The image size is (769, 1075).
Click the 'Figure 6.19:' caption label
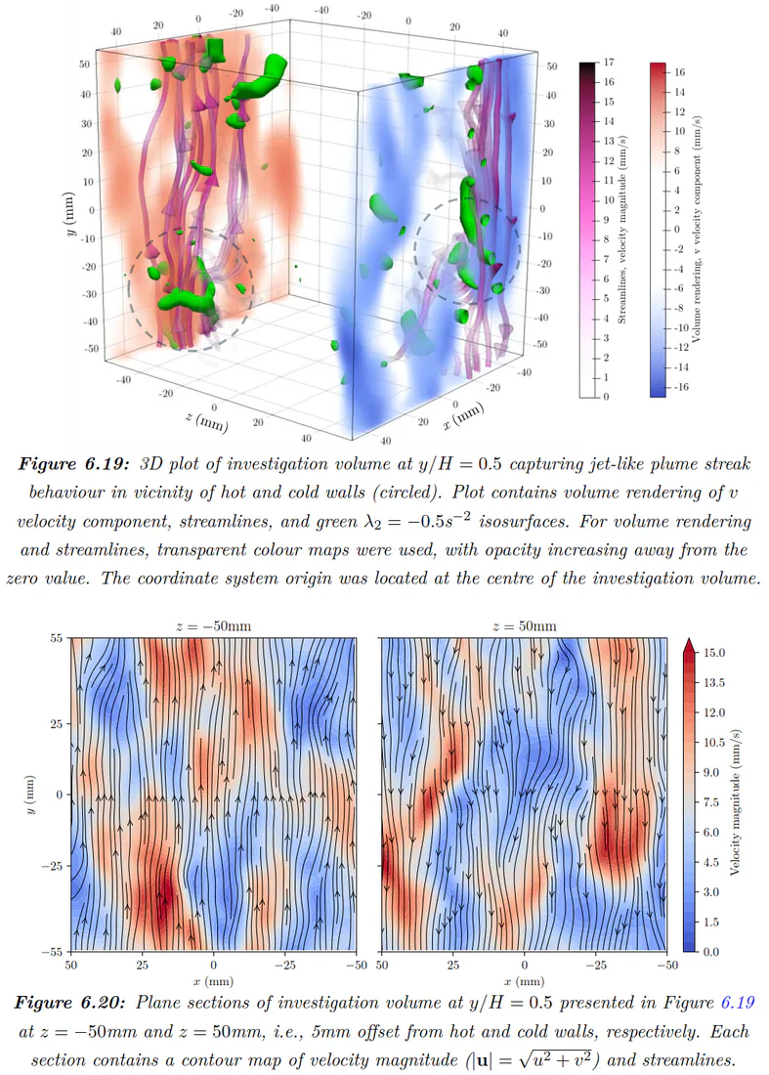73,464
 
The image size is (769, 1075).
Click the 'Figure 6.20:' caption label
70,1003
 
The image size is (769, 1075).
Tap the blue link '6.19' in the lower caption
738,1003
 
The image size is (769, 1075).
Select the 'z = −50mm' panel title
214,625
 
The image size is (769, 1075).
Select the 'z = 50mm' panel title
525,625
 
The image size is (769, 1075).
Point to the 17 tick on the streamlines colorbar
609,63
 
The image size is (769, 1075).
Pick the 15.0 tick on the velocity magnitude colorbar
714,653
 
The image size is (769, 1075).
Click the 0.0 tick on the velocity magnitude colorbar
711,952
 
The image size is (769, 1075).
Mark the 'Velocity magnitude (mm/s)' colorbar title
735,801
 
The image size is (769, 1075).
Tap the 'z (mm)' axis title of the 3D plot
206,419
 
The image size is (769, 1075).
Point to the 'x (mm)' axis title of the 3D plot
463,415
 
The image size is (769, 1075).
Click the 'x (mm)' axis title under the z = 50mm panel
525,981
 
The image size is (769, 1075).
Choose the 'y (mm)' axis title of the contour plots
32,794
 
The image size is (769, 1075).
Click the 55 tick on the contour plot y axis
57,638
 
